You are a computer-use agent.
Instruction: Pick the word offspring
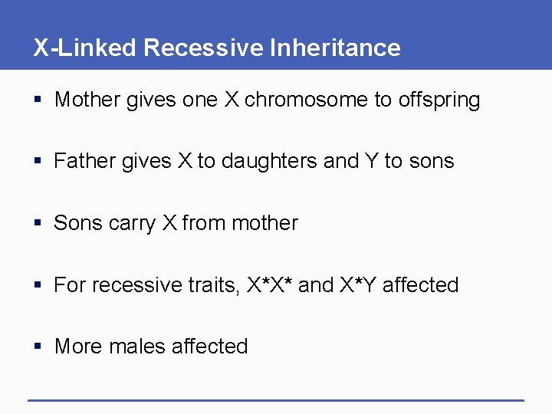pyautogui.click(x=439, y=100)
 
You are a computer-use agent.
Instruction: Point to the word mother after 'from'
pyautogui.click(x=264, y=223)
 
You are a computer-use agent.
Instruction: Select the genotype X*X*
pyautogui.click(x=269, y=285)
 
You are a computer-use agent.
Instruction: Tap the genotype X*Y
pyautogui.click(x=359, y=285)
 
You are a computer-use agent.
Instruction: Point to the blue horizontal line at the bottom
pyautogui.click(x=276, y=399)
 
